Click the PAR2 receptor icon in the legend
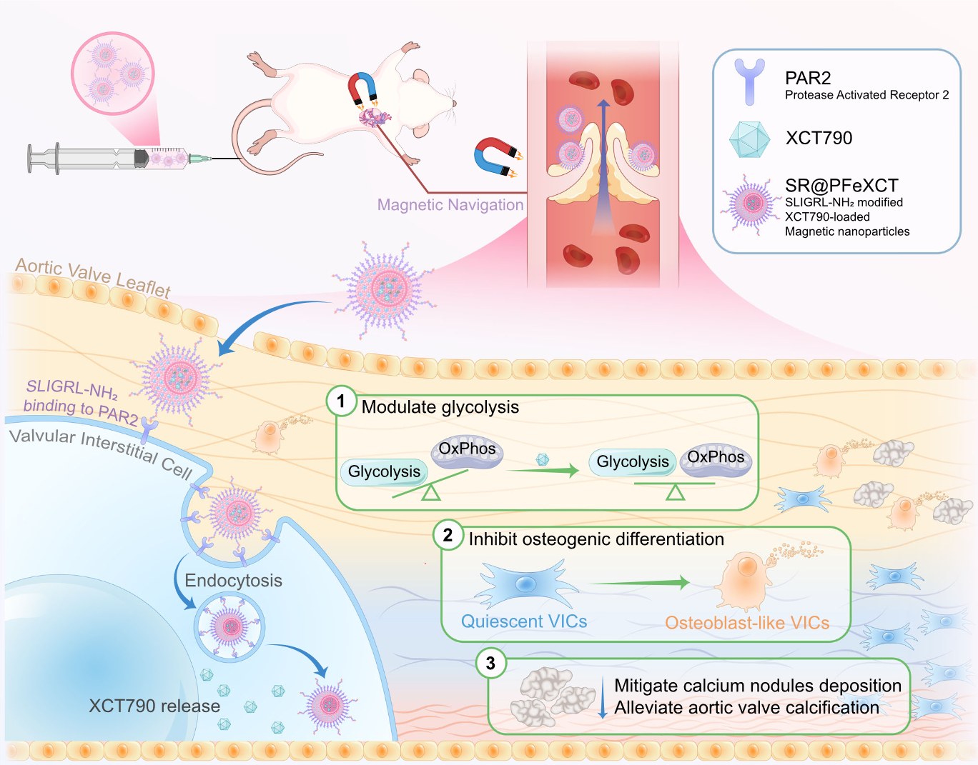[749, 81]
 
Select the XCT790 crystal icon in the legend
[749, 139]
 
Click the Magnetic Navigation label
[450, 205]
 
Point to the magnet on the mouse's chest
[362, 88]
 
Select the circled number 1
[341, 401]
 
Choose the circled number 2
[448, 535]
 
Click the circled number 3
[490, 664]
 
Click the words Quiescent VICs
[524, 621]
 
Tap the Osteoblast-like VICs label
[747, 623]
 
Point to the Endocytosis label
[233, 581]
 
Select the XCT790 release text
[154, 706]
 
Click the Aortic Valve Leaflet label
[93, 276]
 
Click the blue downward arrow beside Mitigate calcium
[603, 696]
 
